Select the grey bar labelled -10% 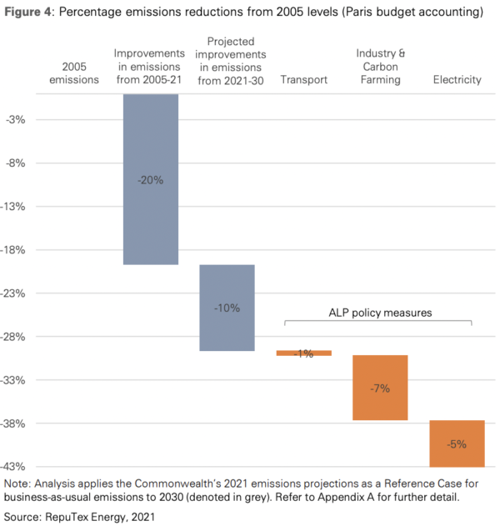pos(227,308)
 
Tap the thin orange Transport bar pos(303,353)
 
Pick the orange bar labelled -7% pos(380,387)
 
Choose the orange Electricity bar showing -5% pos(457,443)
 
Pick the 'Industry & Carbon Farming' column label pos(380,67)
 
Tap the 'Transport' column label pos(303,80)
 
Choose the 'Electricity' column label pos(457,80)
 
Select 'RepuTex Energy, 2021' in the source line pos(99,516)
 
